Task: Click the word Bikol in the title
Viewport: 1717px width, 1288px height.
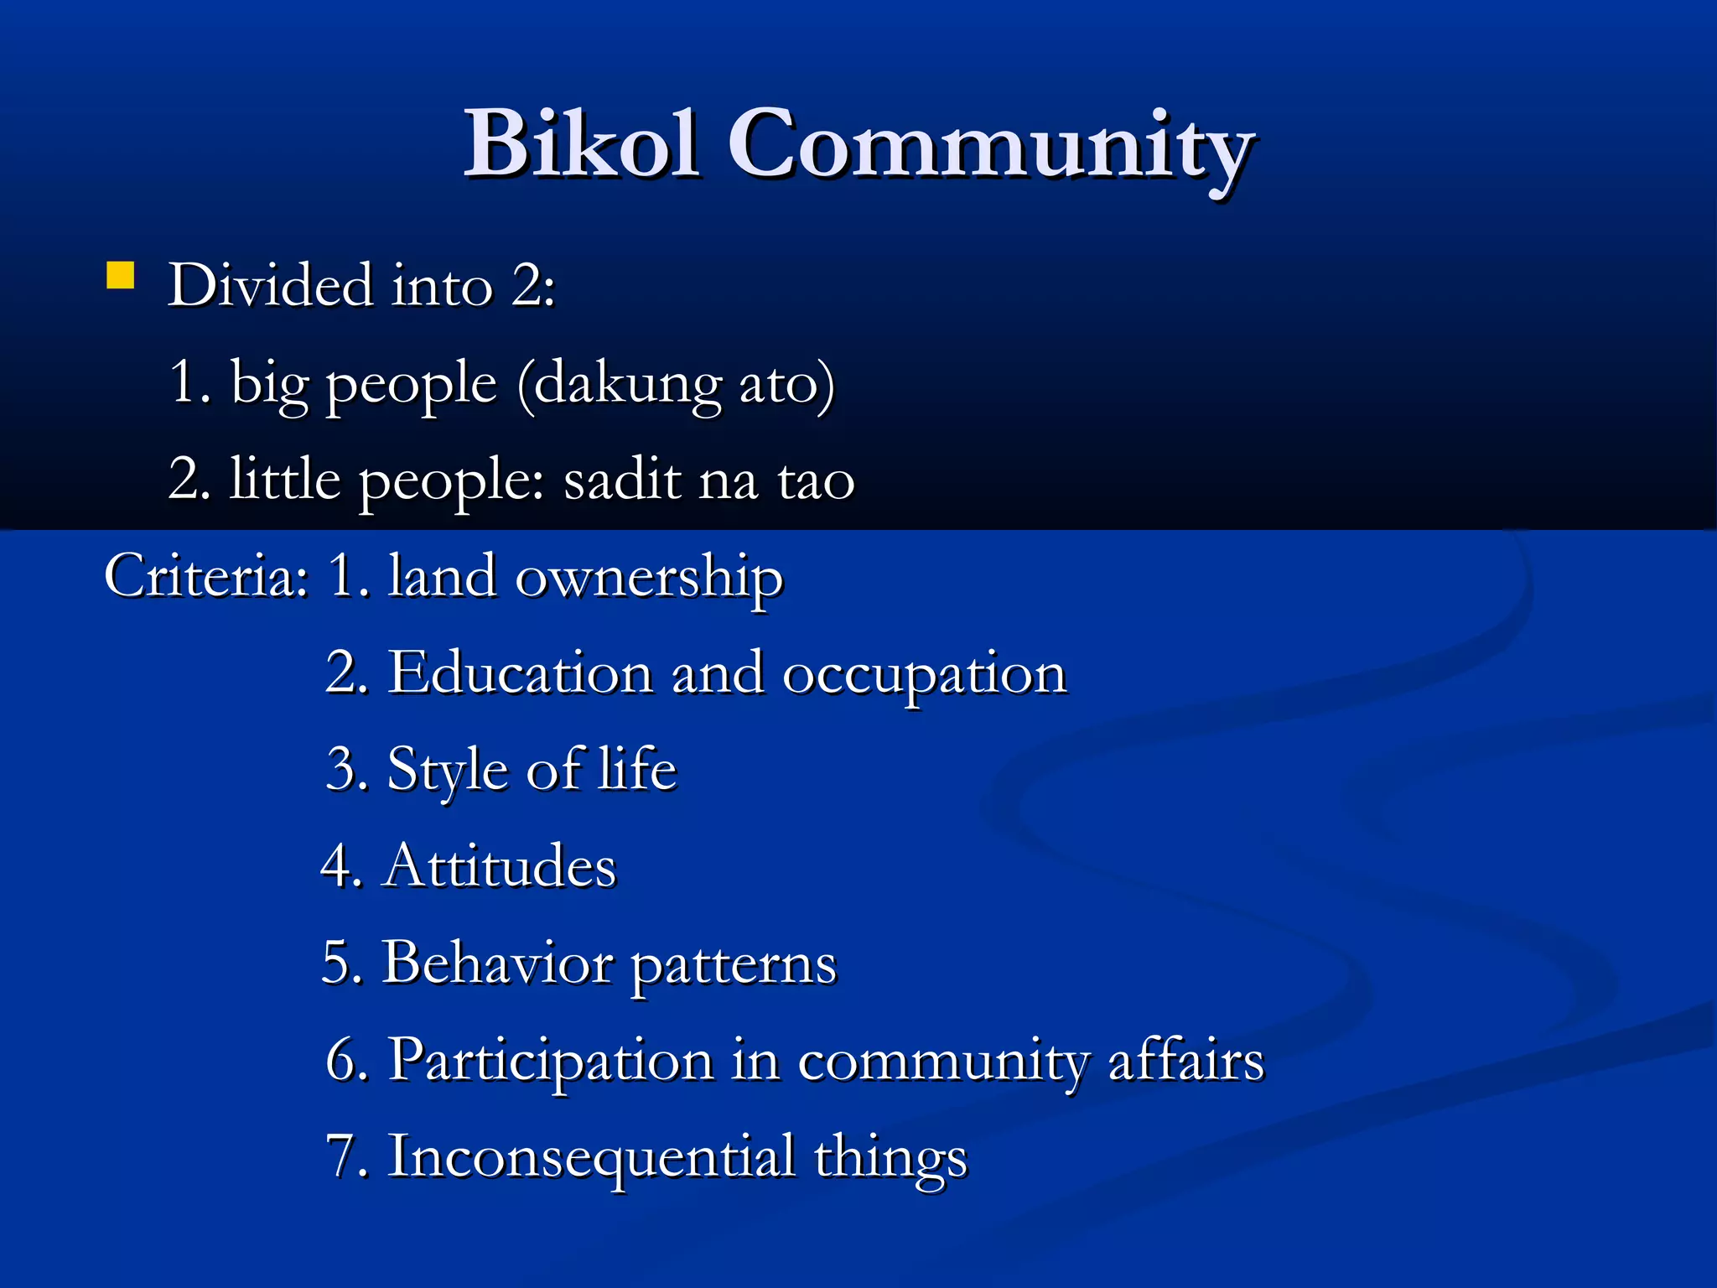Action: point(581,144)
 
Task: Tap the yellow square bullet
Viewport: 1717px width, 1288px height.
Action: point(121,276)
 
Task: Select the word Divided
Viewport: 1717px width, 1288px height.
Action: point(270,285)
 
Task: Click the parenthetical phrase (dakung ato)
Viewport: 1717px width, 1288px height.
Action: point(676,383)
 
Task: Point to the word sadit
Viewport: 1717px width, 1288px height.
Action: point(622,480)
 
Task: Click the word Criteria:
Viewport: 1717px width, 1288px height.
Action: point(206,577)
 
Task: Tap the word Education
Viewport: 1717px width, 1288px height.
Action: point(520,673)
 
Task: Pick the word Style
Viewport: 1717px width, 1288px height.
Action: point(447,770)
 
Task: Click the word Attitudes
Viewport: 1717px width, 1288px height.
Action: point(500,866)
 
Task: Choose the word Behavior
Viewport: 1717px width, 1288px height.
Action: point(496,963)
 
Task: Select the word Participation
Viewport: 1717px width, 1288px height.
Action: point(550,1061)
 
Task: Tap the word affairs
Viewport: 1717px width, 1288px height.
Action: point(1185,1061)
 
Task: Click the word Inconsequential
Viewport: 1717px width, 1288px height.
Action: point(591,1157)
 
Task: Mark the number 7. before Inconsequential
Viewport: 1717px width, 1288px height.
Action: point(345,1157)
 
